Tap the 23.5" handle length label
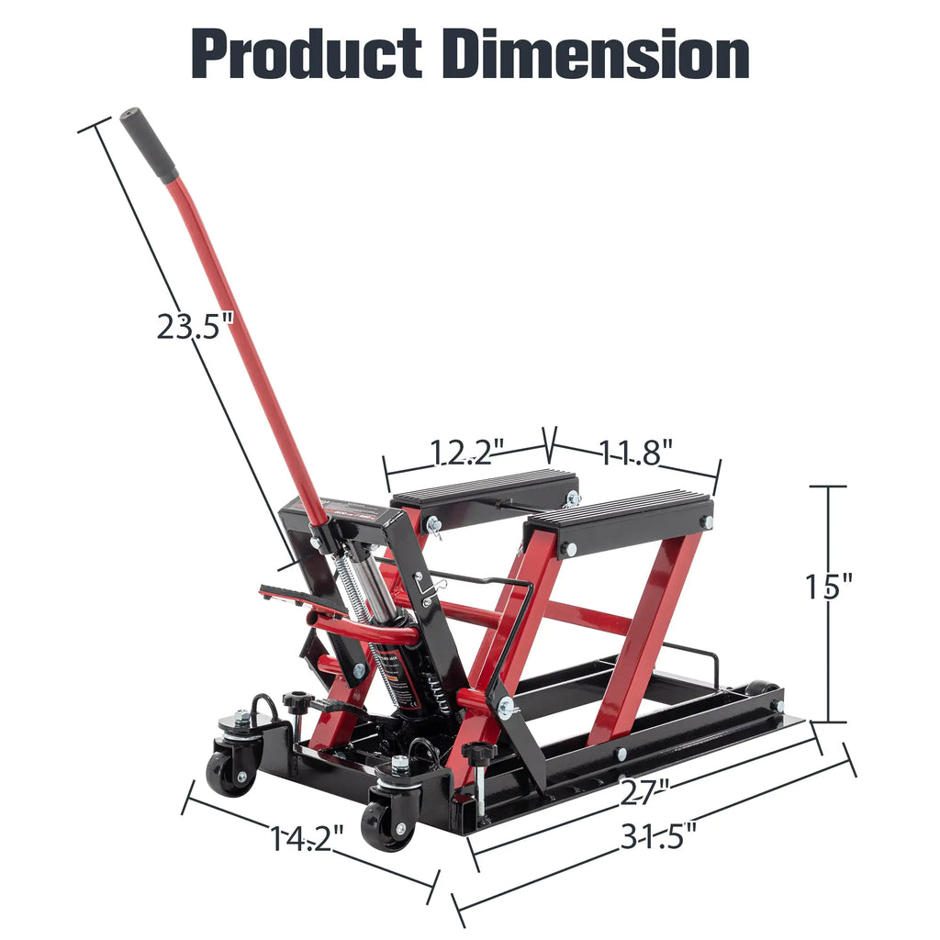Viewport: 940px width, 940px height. [x=190, y=326]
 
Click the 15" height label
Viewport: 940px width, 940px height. [x=830, y=585]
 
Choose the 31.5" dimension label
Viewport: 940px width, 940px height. [x=658, y=836]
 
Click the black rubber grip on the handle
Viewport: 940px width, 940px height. [x=148, y=145]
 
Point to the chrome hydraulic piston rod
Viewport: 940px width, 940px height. [x=372, y=587]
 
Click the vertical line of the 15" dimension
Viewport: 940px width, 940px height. [x=830, y=661]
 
